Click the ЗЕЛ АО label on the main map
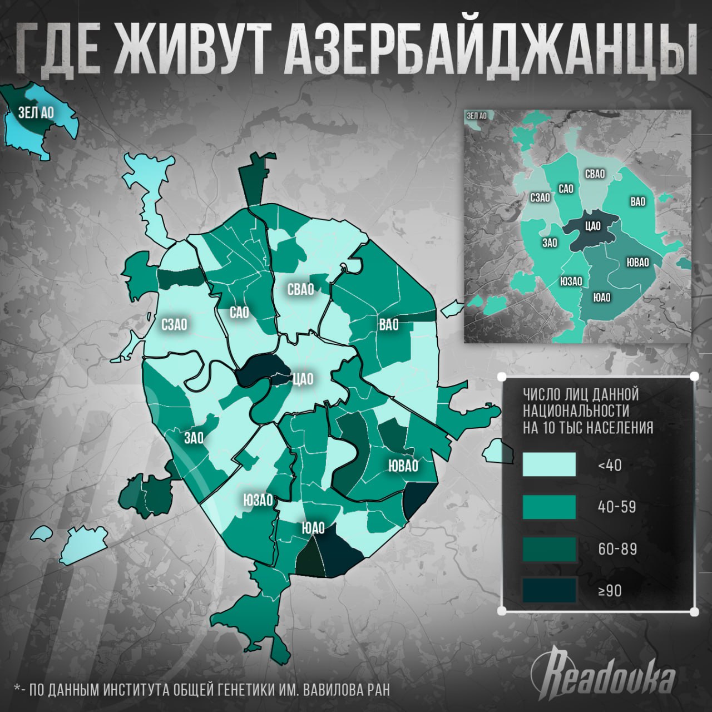tap(36, 113)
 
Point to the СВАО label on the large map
tap(300, 289)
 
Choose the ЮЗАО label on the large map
tap(258, 500)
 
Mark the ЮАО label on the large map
tap(313, 528)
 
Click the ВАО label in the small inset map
tap(637, 201)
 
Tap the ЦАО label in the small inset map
tap(592, 226)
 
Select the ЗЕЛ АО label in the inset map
tap(477, 116)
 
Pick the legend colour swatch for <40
tap(549, 464)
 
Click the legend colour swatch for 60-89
tap(549, 549)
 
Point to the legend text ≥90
tap(610, 591)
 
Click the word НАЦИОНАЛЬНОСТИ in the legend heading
tap(576, 411)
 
